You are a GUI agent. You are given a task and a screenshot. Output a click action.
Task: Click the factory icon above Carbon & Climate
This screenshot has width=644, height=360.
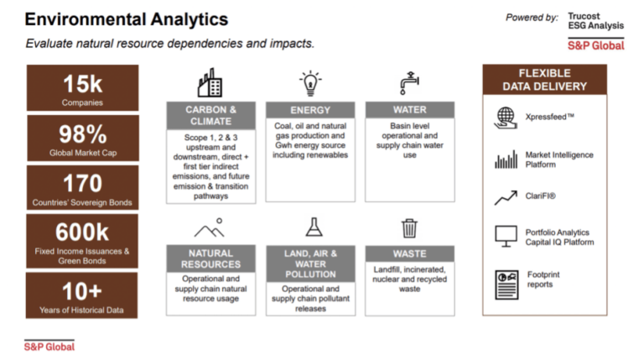210,84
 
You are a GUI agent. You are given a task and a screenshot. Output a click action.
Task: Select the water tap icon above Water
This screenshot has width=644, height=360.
409,84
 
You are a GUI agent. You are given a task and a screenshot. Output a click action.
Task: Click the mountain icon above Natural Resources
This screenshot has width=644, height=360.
210,228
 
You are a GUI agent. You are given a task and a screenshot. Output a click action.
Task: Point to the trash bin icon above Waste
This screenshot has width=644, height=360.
409,227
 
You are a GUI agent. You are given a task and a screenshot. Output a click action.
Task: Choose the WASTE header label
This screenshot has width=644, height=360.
409,253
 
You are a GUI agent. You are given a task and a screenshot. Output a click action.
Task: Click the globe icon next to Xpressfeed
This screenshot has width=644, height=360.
505,116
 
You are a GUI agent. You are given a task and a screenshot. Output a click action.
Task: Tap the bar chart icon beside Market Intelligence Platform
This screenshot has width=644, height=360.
505,159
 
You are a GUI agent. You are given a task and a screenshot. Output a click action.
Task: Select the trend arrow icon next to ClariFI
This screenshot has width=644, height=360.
505,198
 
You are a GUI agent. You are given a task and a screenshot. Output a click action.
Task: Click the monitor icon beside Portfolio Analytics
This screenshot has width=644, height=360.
505,237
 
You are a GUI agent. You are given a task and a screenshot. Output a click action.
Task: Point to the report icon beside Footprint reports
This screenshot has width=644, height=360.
505,279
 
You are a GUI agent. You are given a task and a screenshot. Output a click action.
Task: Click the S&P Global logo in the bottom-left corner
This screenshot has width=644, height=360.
49,346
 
